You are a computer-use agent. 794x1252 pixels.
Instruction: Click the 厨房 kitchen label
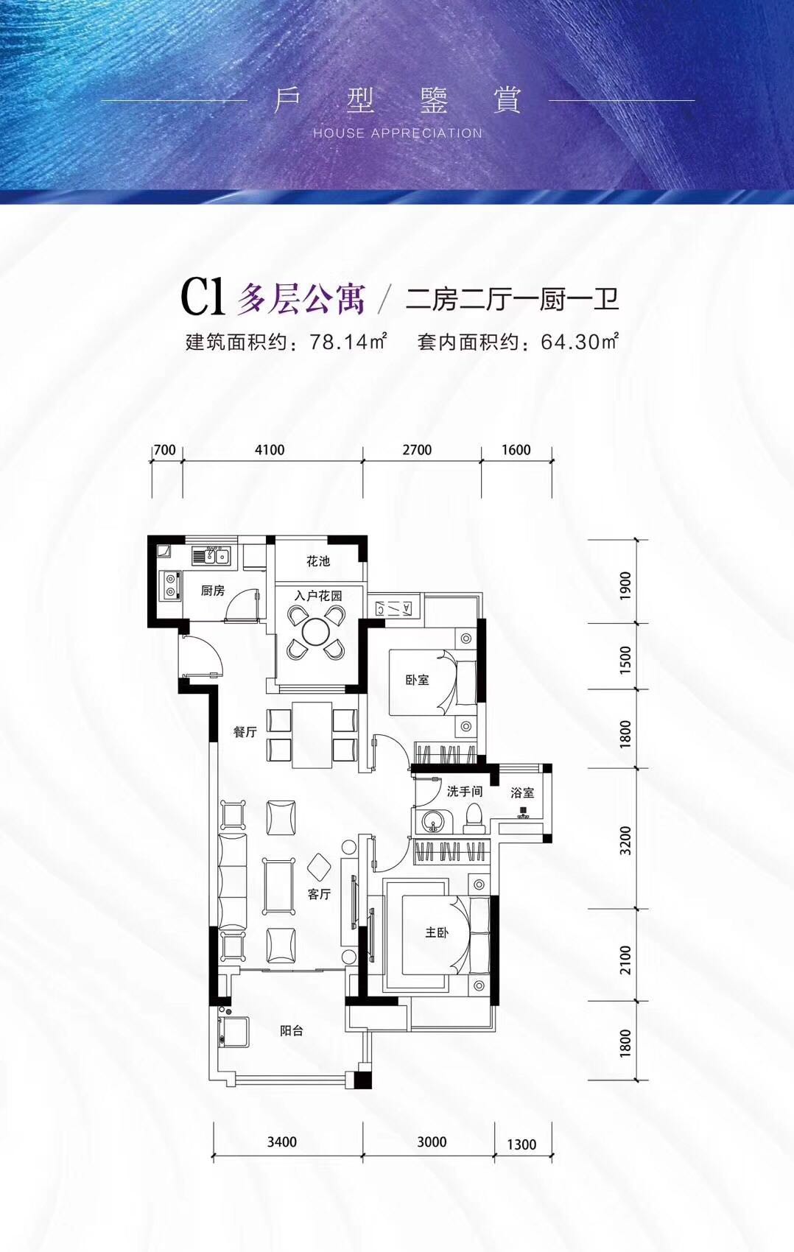point(212,590)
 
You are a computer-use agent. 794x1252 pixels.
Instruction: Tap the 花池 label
point(318,561)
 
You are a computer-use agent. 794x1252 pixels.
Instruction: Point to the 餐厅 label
point(245,732)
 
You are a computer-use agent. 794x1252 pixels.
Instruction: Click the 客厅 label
point(319,894)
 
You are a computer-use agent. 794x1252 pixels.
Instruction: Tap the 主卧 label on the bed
point(436,932)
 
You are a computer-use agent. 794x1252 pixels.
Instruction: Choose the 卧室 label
point(417,679)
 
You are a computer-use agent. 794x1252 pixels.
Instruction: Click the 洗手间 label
point(464,791)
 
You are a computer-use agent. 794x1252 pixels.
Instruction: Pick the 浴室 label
point(522,793)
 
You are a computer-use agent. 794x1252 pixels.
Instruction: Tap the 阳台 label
point(292,1031)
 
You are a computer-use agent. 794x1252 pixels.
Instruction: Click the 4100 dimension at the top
point(270,450)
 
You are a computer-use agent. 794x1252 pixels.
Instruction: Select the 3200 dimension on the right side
point(626,840)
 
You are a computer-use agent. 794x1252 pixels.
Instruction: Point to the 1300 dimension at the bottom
point(521,1144)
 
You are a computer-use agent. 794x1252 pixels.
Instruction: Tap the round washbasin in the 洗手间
point(431,821)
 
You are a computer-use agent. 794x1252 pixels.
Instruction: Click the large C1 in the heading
point(202,298)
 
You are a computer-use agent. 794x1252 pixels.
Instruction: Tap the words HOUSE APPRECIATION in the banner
point(398,133)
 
